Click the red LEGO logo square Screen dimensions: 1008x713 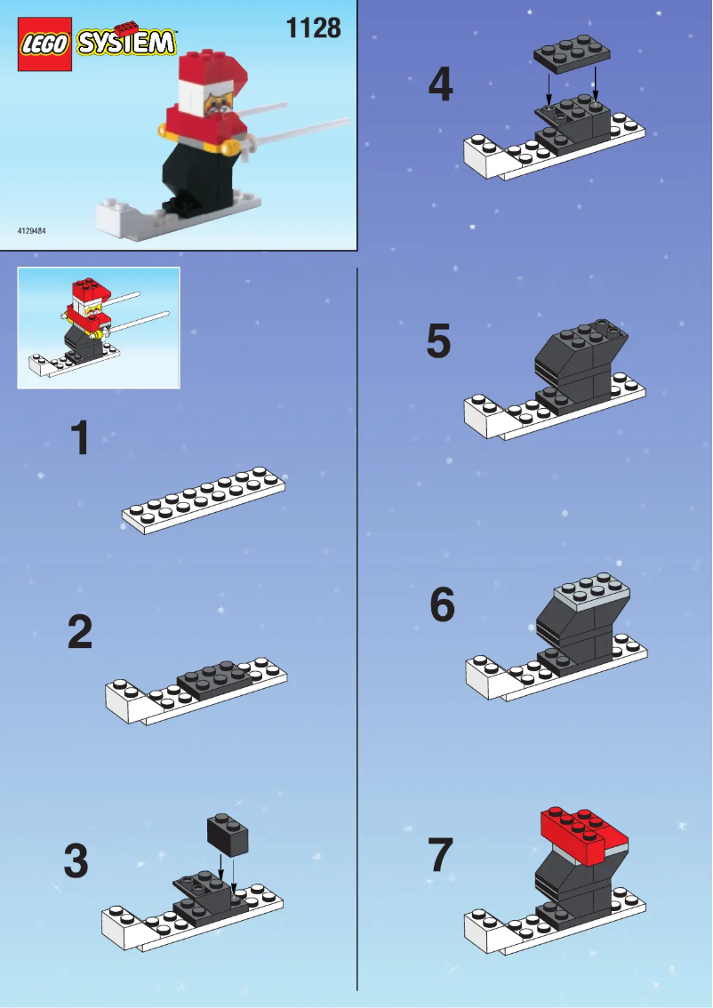point(44,45)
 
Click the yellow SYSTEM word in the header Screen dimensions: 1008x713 point(125,42)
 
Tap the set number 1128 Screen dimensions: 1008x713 point(313,28)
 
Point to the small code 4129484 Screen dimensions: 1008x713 point(32,231)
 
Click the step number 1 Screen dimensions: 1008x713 point(81,439)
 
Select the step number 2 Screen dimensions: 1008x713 point(80,632)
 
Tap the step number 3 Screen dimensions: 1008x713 point(76,860)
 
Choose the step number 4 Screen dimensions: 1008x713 point(440,85)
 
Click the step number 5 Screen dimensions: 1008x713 point(439,342)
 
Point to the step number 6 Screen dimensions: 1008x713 point(442,605)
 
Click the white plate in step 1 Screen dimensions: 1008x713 point(204,500)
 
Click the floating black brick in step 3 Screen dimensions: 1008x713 point(228,833)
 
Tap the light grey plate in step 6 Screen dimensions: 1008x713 point(591,596)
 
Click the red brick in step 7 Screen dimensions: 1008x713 point(582,836)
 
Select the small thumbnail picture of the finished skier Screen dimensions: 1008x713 point(99,328)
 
